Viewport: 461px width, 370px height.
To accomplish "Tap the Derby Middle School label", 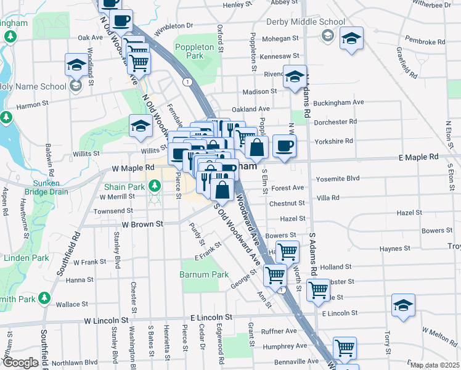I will tap(305, 22).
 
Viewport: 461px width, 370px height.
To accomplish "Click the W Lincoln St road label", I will tap(106, 321).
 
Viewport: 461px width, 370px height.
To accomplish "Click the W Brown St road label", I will tap(142, 224).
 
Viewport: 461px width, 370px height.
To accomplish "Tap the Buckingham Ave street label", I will tap(339, 102).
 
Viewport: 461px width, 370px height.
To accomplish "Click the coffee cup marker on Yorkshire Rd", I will tap(284, 146).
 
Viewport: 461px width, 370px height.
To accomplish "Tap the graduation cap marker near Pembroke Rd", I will tap(351, 38).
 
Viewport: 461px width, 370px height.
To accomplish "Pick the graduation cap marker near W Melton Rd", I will tap(403, 305).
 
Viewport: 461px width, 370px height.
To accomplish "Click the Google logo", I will tap(21, 363).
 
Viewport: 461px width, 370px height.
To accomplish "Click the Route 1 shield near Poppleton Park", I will tap(186, 81).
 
